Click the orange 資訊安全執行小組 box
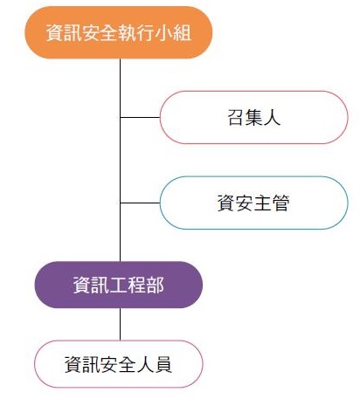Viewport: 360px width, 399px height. (119, 32)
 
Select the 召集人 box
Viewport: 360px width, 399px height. (253, 117)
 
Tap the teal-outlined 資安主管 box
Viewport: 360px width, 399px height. (253, 203)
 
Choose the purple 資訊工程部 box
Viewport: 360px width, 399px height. (119, 285)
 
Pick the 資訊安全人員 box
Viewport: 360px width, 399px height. (119, 364)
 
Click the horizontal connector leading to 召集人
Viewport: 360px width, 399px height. (140, 117)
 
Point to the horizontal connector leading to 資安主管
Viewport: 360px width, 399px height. (140, 203)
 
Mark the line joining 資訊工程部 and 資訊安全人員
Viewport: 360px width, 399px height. (120, 324)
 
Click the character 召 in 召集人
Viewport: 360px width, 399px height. (235, 118)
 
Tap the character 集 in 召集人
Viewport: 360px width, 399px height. (253, 118)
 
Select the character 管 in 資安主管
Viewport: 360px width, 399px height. (280, 203)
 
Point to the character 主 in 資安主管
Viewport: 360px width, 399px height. (263, 203)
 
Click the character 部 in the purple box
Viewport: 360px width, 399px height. (155, 285)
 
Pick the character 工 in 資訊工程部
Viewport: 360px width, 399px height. (118, 285)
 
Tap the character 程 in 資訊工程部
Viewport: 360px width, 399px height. (136, 285)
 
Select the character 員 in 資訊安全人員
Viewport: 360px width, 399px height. (163, 364)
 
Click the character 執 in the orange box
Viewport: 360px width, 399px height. (128, 32)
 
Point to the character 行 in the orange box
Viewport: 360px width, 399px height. (146, 32)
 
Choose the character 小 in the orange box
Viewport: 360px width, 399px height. (163, 32)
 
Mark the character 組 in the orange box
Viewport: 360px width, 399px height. (182, 32)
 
